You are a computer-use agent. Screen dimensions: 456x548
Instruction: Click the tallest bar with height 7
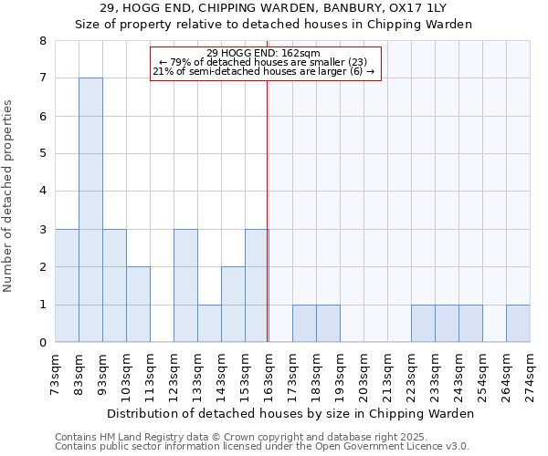pyautogui.click(x=90, y=210)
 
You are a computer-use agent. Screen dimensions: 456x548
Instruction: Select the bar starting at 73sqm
pyautogui.click(x=67, y=285)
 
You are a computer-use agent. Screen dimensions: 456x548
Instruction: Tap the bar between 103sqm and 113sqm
pyautogui.click(x=138, y=305)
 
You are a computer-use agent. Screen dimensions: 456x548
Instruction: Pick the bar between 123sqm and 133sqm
pyautogui.click(x=185, y=285)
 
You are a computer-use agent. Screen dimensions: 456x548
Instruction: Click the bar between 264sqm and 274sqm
pyautogui.click(x=518, y=324)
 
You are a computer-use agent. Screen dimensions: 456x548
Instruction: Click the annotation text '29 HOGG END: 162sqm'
pyautogui.click(x=263, y=53)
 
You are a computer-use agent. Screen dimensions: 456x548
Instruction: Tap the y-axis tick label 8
pyautogui.click(x=42, y=41)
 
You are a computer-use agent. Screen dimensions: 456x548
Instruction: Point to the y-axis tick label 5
pyautogui.click(x=42, y=154)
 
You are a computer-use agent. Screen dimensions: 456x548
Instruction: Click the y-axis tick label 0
pyautogui.click(x=42, y=343)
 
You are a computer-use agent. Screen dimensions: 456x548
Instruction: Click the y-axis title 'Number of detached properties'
pyautogui.click(x=9, y=195)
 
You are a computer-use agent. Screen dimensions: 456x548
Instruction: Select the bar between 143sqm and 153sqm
pyautogui.click(x=233, y=305)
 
